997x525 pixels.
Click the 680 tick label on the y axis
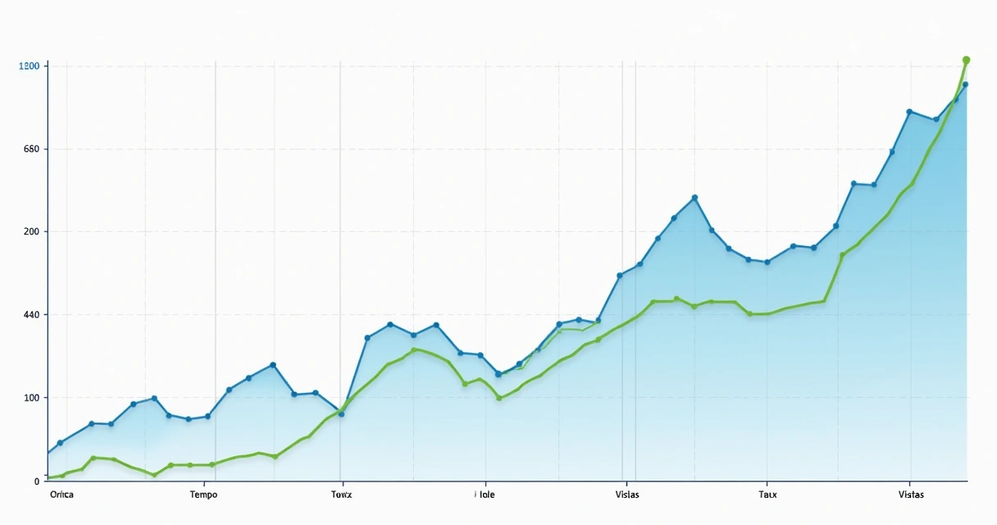tap(32, 149)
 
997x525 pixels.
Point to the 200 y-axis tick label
tap(32, 232)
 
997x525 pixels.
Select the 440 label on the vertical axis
tap(32, 315)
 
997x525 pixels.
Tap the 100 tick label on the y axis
tap(32, 398)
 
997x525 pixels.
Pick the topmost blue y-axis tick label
tap(30, 66)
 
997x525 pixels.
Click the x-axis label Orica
tap(61, 495)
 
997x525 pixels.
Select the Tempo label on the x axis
tap(203, 495)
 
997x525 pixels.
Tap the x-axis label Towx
tap(341, 495)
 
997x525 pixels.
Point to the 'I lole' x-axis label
tap(485, 495)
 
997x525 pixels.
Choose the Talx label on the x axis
tap(767, 495)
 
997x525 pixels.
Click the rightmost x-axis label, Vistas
tap(910, 495)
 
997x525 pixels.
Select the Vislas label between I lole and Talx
tap(626, 495)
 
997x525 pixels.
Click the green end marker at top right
tap(966, 60)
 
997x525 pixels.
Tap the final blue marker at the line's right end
tap(965, 84)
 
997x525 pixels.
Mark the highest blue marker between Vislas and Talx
tap(694, 198)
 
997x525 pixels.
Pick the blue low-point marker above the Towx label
tap(341, 413)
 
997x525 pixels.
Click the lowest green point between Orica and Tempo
tap(154, 475)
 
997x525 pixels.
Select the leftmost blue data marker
tap(60, 443)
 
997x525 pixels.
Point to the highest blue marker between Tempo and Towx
tap(273, 365)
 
